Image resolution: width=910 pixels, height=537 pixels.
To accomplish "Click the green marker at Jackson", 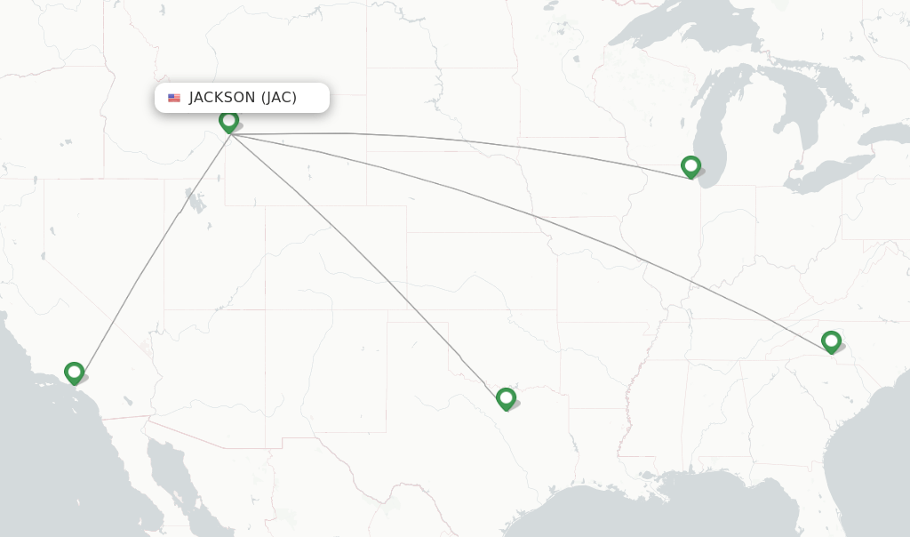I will tap(228, 120).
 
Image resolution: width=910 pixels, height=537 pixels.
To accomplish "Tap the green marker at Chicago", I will tap(690, 165).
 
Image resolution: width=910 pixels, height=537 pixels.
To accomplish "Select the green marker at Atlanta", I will tap(831, 341).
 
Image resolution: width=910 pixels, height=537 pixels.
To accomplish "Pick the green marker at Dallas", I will tap(506, 397).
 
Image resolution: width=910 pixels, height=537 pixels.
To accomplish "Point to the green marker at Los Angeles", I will tap(74, 372).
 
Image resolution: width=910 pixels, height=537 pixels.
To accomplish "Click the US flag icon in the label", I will tap(174, 98).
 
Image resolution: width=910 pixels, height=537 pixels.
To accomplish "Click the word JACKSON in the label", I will tap(222, 98).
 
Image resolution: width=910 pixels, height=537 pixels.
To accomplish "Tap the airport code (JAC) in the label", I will tap(279, 98).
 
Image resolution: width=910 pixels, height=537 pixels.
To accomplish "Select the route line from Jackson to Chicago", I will tap(444, 140).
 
